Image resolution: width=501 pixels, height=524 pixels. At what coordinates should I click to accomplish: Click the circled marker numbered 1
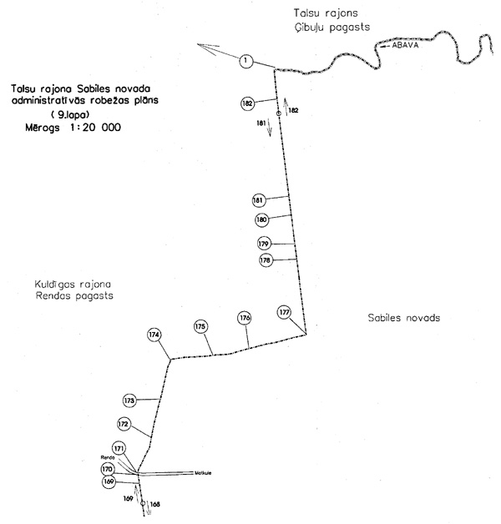tap(245, 60)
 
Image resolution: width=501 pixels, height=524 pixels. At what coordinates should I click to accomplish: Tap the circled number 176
tap(245, 318)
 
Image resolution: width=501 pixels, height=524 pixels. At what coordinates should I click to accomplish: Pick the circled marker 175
tap(200, 326)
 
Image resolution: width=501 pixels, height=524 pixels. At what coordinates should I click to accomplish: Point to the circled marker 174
tap(154, 335)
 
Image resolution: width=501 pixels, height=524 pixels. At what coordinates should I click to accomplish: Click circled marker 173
tap(129, 401)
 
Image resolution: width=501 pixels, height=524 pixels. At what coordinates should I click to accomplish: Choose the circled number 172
tap(124, 425)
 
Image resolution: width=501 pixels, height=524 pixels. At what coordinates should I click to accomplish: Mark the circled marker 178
tap(266, 260)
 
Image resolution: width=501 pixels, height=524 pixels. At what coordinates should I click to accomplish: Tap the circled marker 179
tap(265, 244)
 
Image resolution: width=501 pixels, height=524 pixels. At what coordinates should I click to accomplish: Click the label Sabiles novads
tap(403, 319)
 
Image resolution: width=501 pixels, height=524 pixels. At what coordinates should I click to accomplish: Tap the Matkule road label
tap(202, 472)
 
